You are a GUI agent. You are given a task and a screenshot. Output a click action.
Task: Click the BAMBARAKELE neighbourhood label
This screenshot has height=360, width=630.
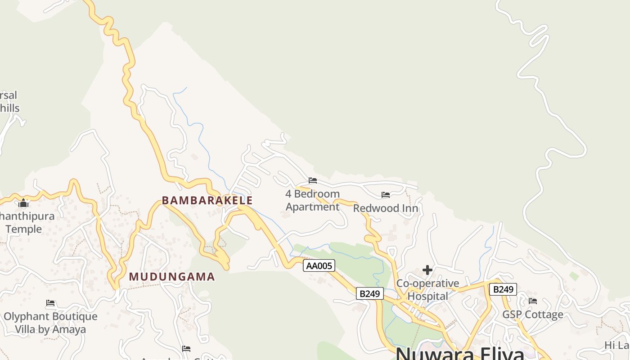[207, 200]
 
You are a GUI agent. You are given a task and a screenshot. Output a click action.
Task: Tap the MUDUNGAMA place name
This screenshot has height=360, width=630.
[172, 277]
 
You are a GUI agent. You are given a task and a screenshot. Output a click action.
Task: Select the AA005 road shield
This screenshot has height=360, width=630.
[319, 265]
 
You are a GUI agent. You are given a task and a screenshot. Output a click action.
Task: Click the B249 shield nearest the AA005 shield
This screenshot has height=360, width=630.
[370, 294]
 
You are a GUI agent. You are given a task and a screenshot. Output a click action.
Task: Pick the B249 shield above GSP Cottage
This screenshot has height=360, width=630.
[503, 289]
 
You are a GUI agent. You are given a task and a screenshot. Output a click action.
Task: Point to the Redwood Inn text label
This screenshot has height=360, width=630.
[386, 208]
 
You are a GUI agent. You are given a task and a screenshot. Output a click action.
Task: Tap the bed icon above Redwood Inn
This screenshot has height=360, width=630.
[386, 195]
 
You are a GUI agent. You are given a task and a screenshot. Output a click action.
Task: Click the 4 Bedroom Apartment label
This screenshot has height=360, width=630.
[313, 200]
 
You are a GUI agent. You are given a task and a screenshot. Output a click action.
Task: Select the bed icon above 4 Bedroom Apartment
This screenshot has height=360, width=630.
[313, 180]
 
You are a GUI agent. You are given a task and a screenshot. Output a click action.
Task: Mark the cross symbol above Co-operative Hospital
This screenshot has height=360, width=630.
[427, 270]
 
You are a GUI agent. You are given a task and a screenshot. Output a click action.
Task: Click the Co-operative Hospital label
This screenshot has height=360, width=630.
[427, 290]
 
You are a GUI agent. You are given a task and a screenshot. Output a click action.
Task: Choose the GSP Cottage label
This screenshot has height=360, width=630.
[533, 315]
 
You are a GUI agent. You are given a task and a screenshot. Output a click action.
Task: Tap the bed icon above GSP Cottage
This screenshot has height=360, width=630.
[533, 301]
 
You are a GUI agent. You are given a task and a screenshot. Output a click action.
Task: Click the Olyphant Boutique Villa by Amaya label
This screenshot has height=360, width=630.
[50, 323]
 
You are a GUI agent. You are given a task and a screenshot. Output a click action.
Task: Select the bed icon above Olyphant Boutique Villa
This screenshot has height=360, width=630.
[50, 303]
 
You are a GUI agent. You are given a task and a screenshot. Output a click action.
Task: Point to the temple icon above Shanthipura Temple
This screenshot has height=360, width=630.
[23, 204]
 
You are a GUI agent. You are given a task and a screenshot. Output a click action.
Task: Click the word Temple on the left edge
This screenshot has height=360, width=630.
[23, 229]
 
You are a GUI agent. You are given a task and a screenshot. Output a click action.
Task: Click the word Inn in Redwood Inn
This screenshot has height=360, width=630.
[409, 208]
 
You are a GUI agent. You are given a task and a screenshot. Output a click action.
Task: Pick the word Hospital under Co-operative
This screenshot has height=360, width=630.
[427, 296]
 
